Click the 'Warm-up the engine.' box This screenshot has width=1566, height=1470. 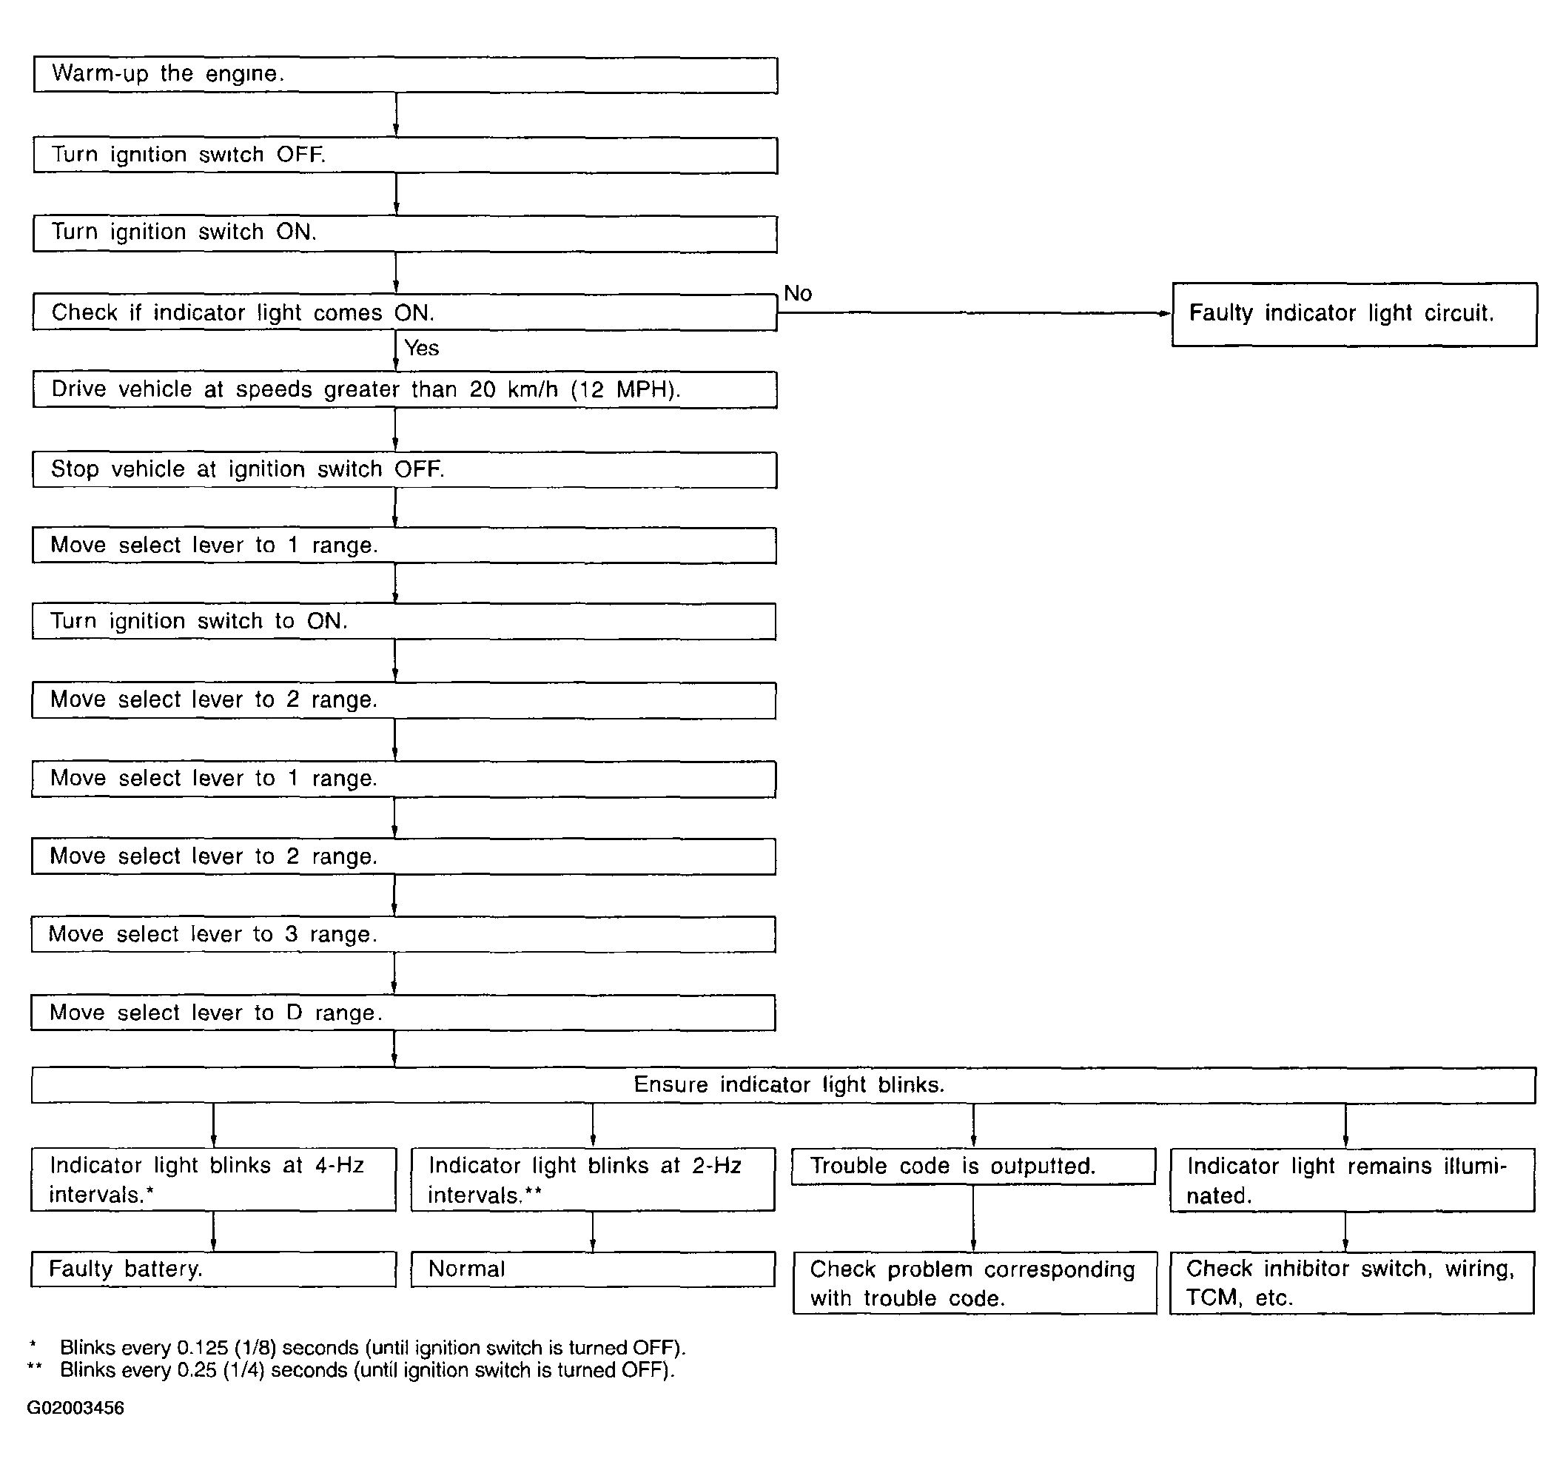pos(405,75)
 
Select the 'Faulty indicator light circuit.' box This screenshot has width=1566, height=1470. pos(1354,314)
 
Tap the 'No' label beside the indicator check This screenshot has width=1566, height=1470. pos(797,294)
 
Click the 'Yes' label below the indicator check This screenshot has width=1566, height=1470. pos(421,348)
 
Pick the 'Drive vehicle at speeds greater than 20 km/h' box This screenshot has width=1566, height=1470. pos(405,390)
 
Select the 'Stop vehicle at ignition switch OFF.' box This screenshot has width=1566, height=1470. pos(405,469)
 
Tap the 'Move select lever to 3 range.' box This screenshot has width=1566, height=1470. pos(403,934)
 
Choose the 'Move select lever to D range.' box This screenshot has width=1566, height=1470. pos(403,1013)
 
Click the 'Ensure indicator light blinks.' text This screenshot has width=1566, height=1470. pos(788,1085)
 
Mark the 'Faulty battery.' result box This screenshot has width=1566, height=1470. pos(213,1269)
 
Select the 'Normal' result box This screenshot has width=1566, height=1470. pos(592,1269)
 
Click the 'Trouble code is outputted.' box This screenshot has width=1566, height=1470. pos(973,1167)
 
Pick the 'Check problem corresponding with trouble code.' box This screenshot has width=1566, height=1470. pos(975,1283)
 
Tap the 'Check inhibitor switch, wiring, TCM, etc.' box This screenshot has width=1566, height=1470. pos(1351,1283)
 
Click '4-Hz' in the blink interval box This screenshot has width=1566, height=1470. pos(340,1166)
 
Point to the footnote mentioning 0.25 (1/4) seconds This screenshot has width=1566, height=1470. pos(367,1370)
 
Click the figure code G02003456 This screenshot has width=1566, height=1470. pos(75,1408)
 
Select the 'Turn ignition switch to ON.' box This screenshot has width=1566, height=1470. pos(403,622)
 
